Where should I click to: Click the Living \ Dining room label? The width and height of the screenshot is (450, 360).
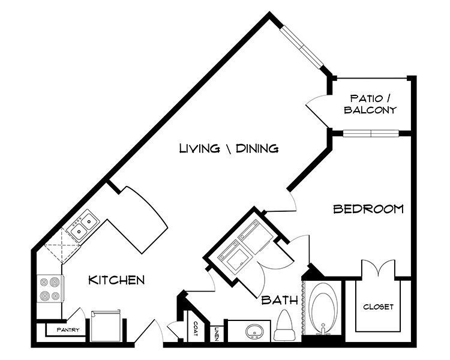click(x=229, y=148)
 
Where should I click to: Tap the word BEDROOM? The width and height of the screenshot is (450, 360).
click(x=368, y=209)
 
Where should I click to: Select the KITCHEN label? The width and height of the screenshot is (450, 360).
click(x=116, y=280)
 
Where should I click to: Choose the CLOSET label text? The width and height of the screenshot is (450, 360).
click(x=378, y=307)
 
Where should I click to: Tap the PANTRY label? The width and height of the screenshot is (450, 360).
click(x=68, y=330)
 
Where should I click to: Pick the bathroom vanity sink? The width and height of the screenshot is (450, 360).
click(x=253, y=331)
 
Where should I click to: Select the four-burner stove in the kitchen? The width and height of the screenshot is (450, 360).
click(x=49, y=288)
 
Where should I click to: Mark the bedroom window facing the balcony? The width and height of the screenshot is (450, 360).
click(x=370, y=132)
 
